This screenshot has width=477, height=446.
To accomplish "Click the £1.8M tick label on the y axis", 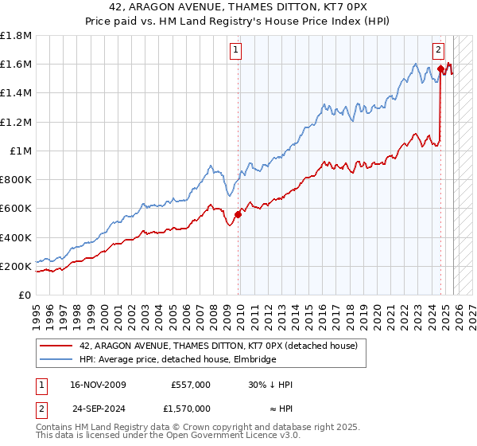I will tap(16, 36).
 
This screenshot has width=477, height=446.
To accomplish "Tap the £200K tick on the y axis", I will tap(16, 266).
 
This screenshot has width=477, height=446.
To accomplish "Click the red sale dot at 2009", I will tap(238, 214).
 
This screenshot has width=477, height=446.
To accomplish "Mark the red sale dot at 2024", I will tap(440, 69).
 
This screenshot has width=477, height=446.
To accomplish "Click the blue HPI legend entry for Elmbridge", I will tap(177, 360).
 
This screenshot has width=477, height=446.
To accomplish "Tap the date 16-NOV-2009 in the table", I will tap(98, 384).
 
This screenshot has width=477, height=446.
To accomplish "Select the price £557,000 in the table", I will tap(191, 384).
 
